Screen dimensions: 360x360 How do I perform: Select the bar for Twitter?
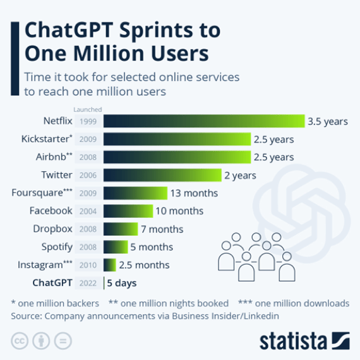(162, 175)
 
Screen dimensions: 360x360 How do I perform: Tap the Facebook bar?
(128, 211)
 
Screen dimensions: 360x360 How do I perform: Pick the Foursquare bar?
(135, 193)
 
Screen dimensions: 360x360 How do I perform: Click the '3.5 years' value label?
(327, 121)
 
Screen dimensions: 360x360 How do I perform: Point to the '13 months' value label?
(194, 193)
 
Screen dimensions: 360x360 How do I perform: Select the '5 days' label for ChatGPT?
(122, 283)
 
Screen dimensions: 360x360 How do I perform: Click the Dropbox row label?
(52, 229)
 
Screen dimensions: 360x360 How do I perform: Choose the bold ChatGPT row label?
(52, 283)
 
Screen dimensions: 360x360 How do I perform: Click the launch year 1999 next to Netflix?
(87, 121)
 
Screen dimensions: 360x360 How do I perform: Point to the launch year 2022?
(87, 283)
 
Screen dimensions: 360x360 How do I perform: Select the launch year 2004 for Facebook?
(87, 211)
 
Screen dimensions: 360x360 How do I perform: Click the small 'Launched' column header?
(87, 109)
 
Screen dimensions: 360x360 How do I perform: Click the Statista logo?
(304, 340)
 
